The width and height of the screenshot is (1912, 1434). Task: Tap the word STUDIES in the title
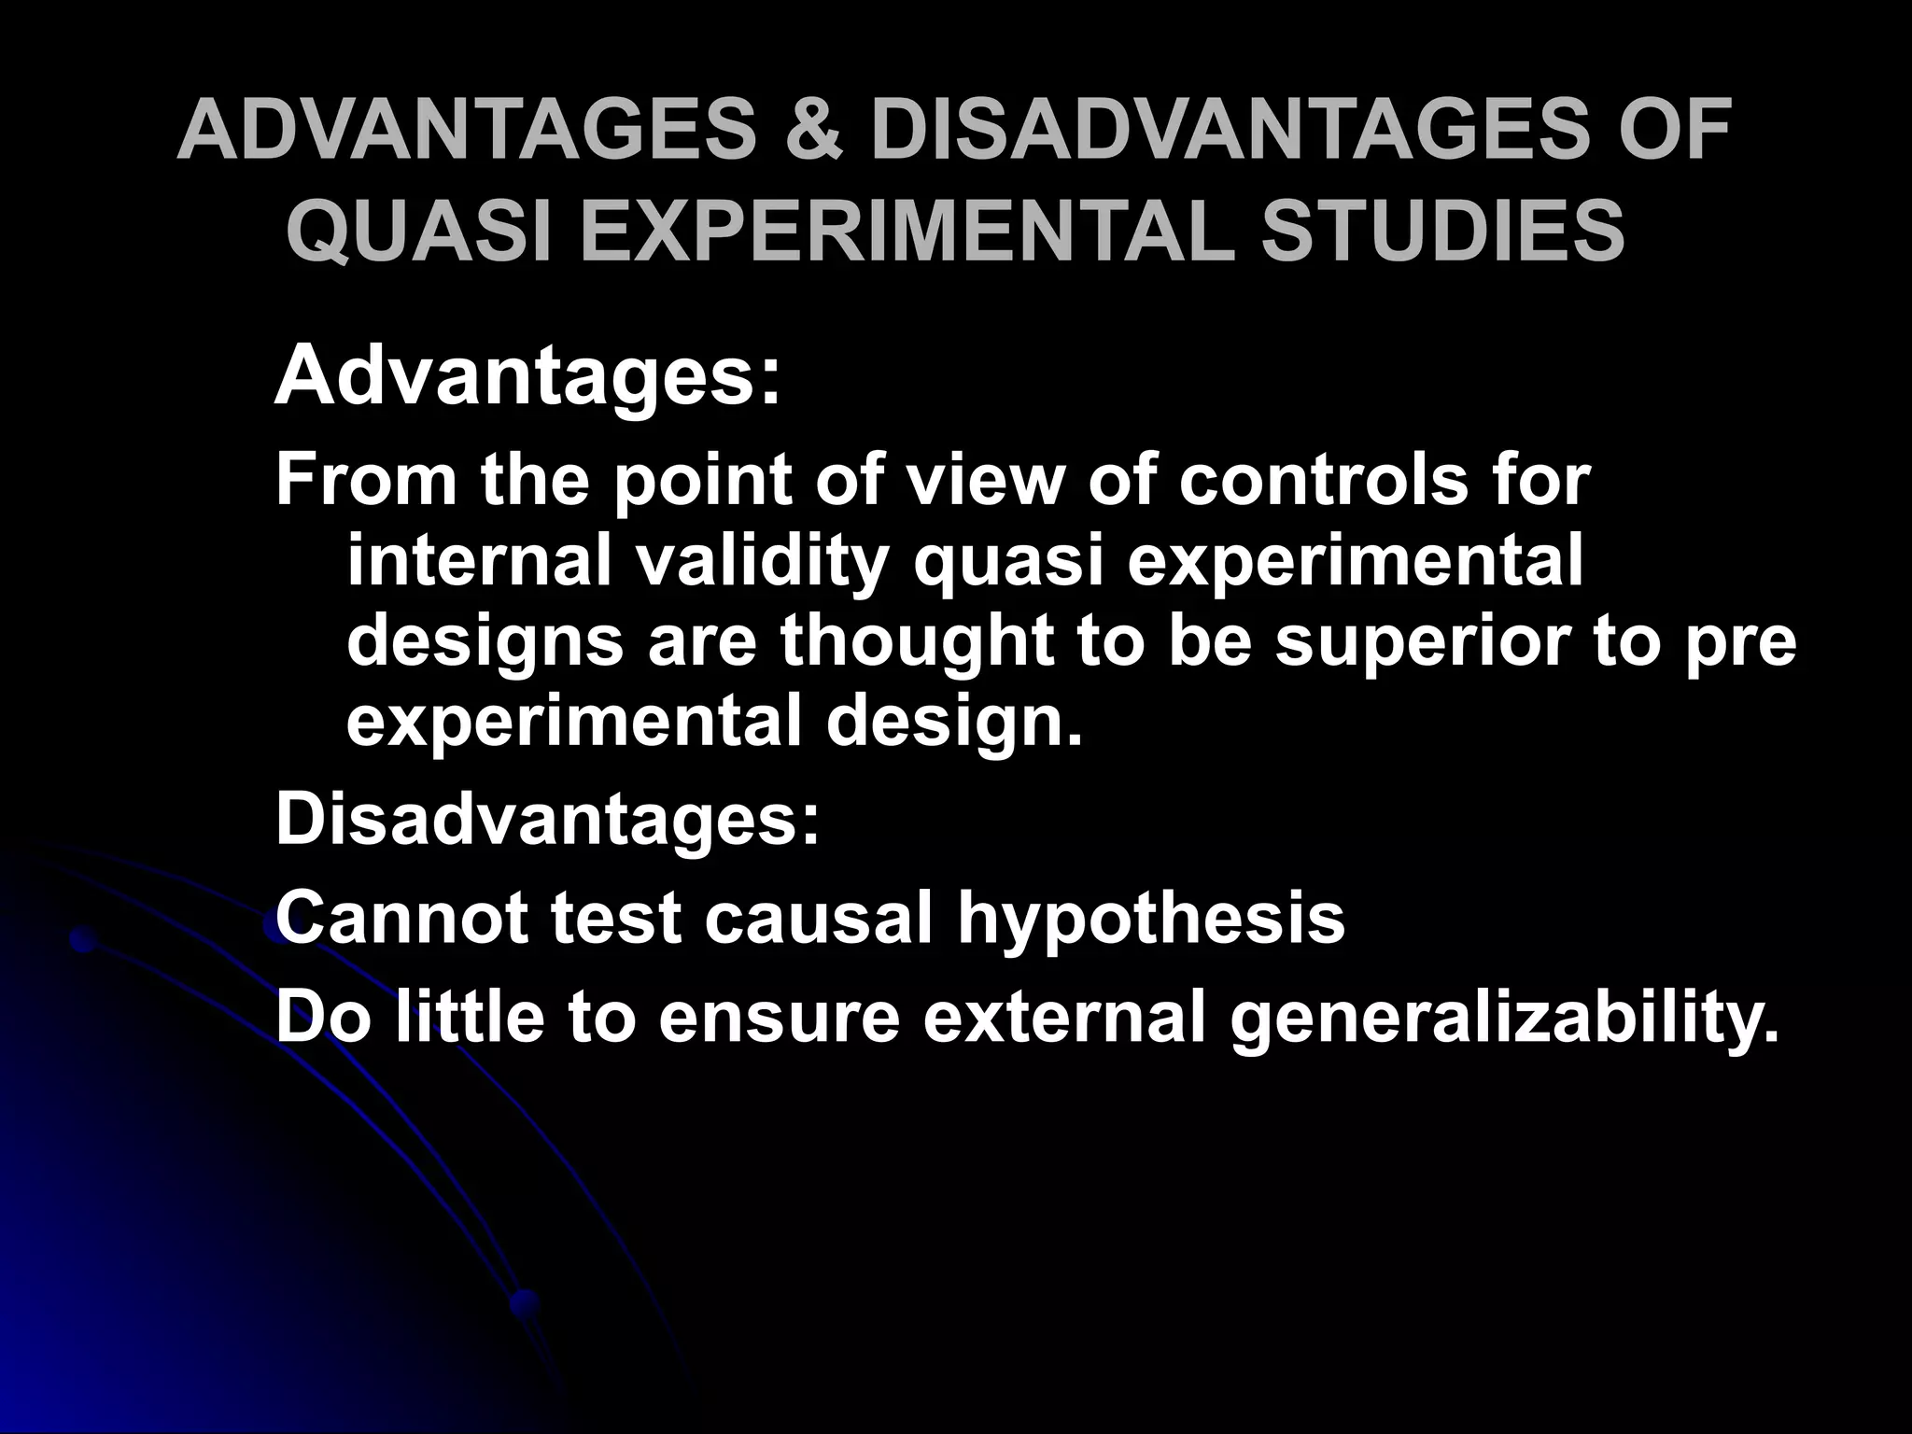click(1443, 232)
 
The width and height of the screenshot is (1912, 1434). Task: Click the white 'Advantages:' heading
click(527, 377)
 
